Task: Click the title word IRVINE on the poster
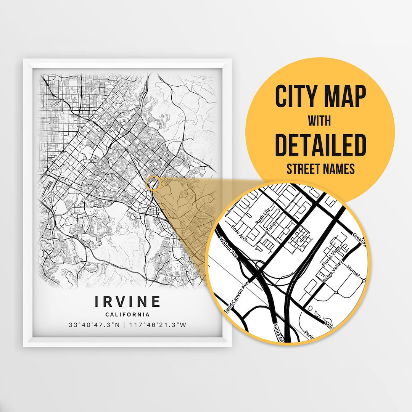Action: (x=128, y=301)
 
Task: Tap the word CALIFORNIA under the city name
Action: (x=128, y=315)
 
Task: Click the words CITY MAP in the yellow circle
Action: (x=320, y=97)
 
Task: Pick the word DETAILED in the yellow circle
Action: (x=320, y=145)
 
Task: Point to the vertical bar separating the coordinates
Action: (x=128, y=325)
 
